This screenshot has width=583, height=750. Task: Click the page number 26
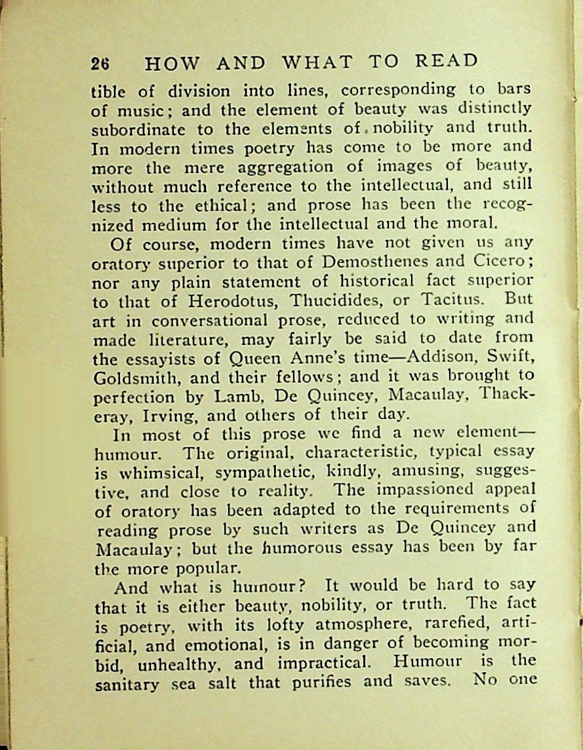100,64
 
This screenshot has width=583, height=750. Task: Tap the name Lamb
231,397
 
